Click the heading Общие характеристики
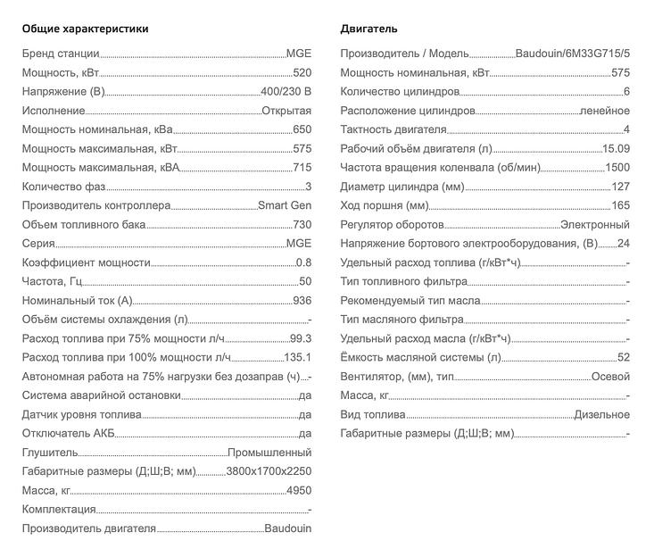85,29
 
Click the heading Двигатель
369,29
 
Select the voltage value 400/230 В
286,92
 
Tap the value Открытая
286,111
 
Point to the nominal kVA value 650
302,130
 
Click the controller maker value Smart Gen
285,205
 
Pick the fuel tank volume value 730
302,225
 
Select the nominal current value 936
302,301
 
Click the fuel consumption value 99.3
301,338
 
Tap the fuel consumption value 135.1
297,357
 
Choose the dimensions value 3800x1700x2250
269,471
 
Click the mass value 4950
298,490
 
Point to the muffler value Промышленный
269,453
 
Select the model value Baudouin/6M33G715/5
572,54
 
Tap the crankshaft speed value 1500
617,168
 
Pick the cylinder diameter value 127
620,187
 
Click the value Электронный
594,225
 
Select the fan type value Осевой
610,377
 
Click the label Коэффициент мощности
86,262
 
